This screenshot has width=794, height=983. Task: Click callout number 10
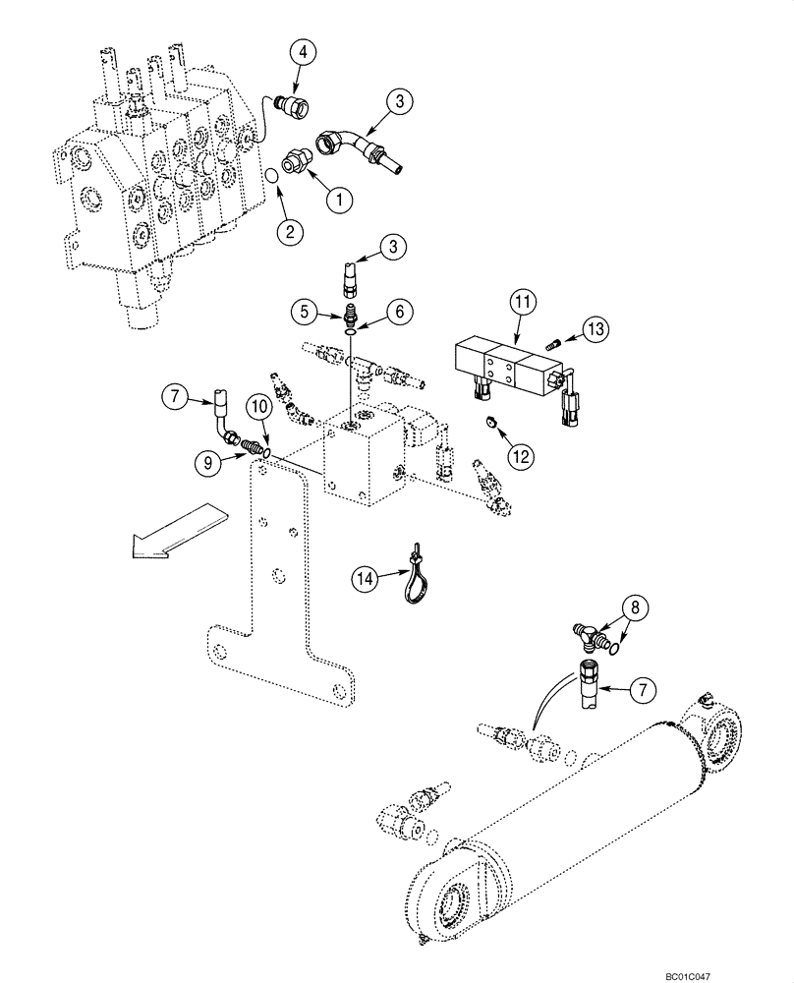(x=258, y=407)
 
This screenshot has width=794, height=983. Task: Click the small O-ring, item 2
(x=268, y=178)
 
